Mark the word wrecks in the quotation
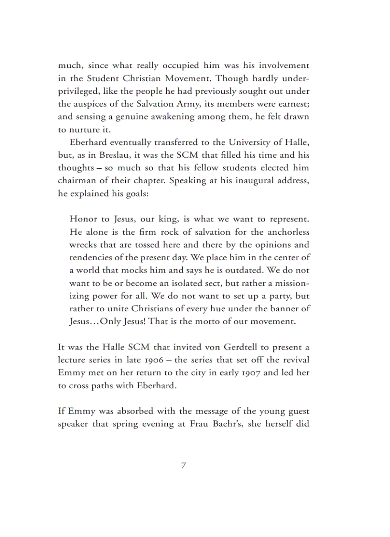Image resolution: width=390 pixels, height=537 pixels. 84,245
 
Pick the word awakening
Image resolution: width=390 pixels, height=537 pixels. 165,117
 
